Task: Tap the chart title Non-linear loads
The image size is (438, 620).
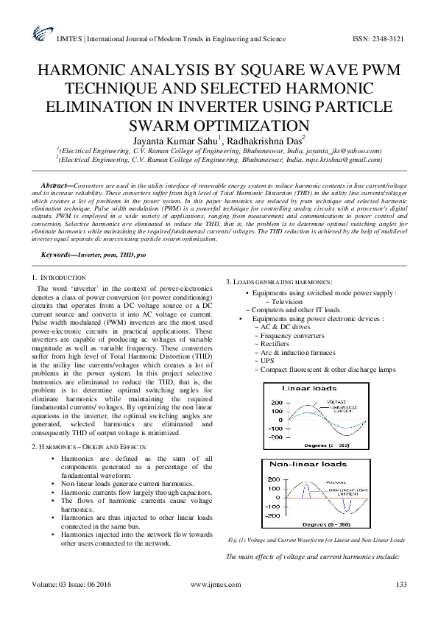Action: [302, 464]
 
